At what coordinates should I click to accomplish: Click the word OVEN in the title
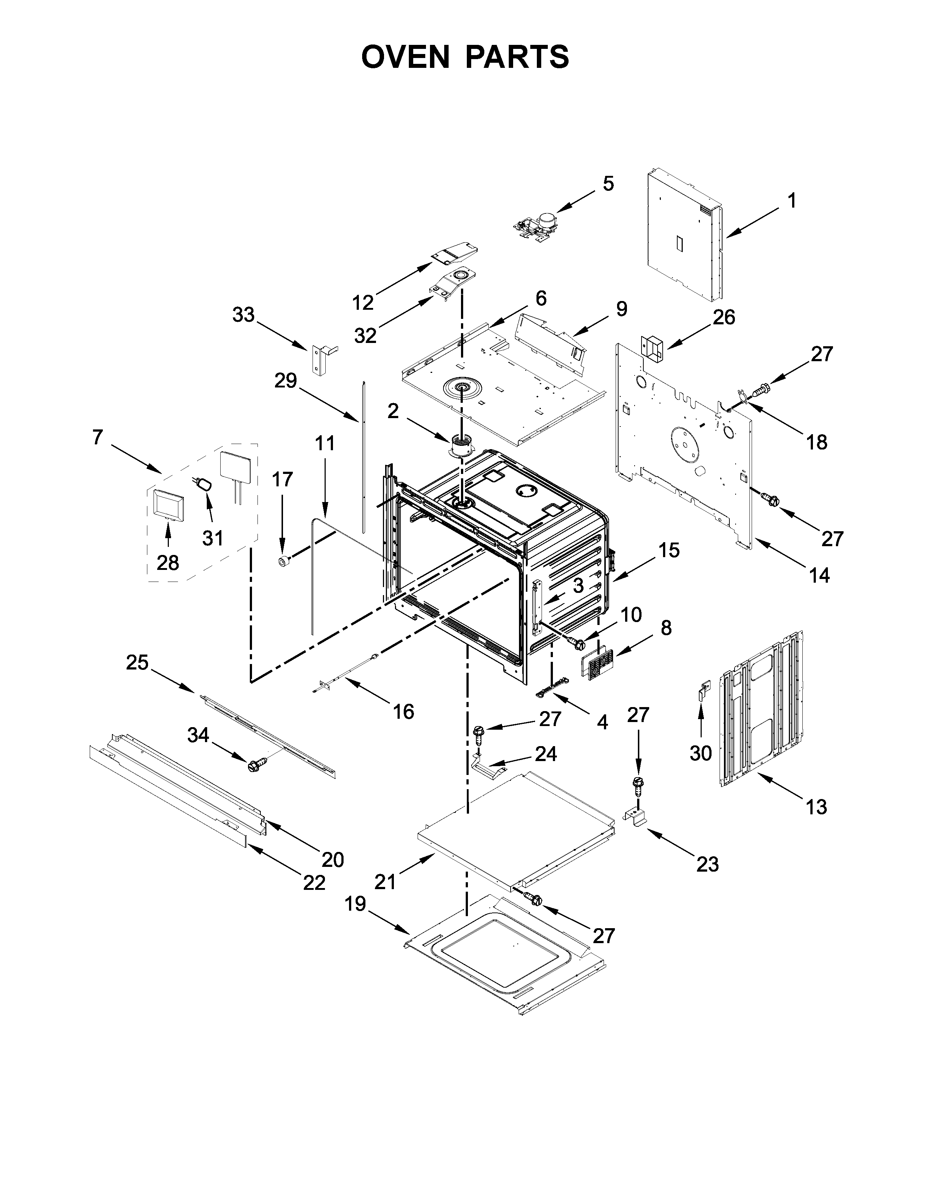(x=406, y=57)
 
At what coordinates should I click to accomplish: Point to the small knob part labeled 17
(x=284, y=561)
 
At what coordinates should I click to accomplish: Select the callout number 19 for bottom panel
(x=356, y=904)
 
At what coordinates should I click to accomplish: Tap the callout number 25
(x=137, y=662)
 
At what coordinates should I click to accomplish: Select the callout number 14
(x=819, y=575)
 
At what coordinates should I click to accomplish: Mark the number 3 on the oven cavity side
(x=578, y=586)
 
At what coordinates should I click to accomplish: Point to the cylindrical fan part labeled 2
(x=461, y=445)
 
